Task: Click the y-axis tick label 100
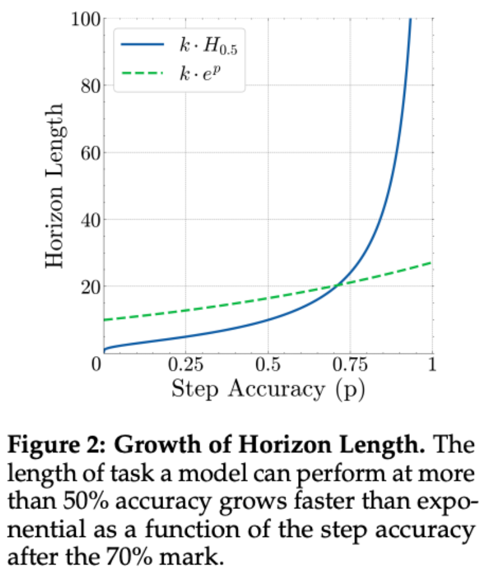pos(85,19)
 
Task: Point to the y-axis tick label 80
pos(90,86)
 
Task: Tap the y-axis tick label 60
pos(90,153)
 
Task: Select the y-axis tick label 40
pos(90,220)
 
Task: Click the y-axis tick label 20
pos(90,287)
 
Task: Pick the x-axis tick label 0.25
pos(186,364)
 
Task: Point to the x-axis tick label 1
pos(431,364)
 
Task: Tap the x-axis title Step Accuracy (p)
pos(267,389)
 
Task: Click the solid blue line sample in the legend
pos(142,45)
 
